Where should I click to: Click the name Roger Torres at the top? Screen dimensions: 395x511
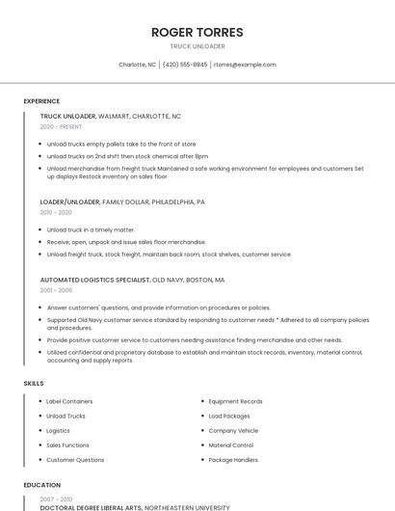click(197, 32)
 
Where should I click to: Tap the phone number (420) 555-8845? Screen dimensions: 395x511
click(185, 65)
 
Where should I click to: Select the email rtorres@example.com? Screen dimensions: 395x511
click(245, 65)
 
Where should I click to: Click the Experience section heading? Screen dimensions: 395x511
click(41, 101)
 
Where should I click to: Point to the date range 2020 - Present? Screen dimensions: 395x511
click(61, 126)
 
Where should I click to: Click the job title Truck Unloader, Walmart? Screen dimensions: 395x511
click(110, 116)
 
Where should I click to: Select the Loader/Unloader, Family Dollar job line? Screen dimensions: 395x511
click(122, 202)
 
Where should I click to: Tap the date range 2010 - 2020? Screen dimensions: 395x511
click(56, 212)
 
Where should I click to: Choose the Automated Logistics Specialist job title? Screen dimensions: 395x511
click(132, 280)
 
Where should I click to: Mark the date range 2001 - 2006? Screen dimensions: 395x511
click(56, 289)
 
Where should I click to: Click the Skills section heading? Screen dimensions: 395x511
click(34, 384)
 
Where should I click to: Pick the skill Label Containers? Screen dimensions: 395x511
click(69, 401)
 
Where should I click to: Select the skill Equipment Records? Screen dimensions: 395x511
click(235, 401)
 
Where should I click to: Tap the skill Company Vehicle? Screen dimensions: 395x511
click(233, 430)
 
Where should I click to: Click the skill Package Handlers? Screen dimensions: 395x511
click(233, 460)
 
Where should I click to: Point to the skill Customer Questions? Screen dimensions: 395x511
click(75, 460)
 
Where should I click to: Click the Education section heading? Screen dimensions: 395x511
click(41, 485)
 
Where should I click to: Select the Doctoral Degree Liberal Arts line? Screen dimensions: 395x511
click(135, 506)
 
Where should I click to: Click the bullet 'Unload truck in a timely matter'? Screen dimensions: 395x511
click(91, 229)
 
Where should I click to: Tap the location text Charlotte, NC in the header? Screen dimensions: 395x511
click(137, 65)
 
